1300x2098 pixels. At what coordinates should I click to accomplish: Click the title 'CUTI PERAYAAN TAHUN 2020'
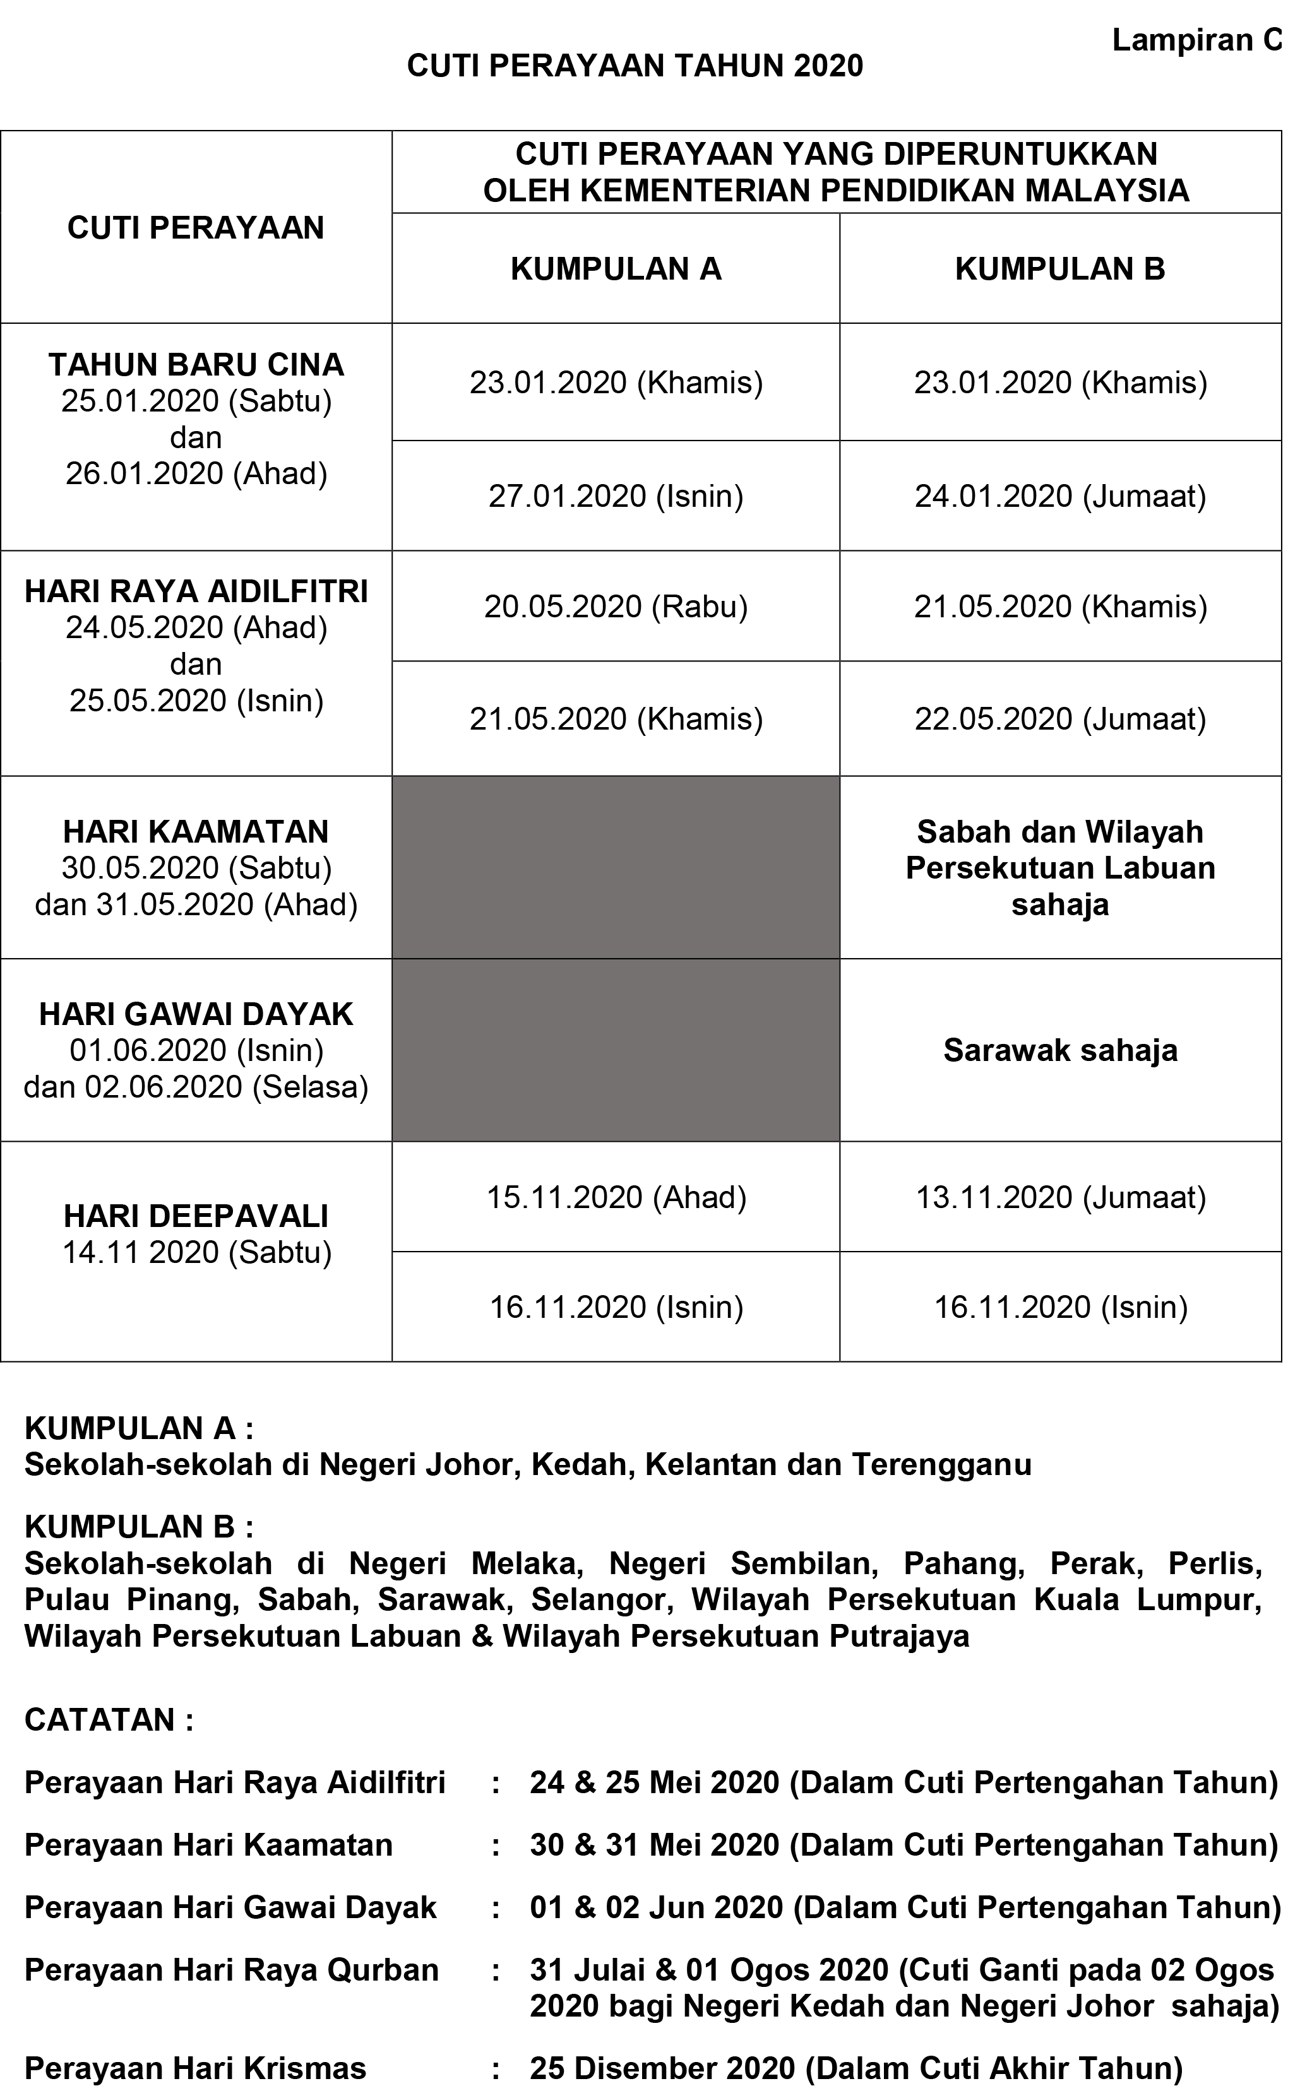pos(635,66)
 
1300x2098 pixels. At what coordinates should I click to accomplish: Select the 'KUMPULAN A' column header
pos(616,269)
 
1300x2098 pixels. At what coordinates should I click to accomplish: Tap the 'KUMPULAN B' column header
pos(1059,269)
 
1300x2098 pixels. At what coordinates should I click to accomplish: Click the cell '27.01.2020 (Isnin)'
pos(616,496)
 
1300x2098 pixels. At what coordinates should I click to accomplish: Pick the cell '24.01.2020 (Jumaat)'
pos(1059,496)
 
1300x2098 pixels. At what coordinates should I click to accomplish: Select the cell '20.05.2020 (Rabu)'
pos(616,607)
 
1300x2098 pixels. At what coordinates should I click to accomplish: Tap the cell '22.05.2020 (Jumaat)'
pos(1059,718)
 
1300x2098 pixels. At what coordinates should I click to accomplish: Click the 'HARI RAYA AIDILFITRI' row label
pos(196,592)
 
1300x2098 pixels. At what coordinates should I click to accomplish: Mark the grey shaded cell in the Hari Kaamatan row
pos(616,867)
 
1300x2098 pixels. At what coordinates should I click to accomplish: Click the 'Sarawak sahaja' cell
pos(1059,1050)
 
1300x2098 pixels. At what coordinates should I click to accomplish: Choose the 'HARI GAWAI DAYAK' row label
pos(196,1014)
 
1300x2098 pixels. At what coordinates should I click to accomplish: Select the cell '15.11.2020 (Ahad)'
pos(616,1197)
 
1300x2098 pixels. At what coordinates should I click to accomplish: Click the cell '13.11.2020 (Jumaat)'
pos(1059,1197)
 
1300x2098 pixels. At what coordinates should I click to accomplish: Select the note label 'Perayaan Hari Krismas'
pos(195,2068)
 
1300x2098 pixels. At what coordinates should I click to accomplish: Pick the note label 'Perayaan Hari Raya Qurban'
pos(231,1969)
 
